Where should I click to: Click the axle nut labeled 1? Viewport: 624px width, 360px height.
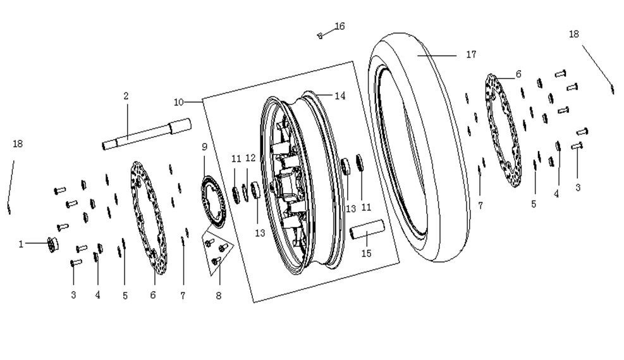52,244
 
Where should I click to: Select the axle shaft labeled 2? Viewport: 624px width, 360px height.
147,134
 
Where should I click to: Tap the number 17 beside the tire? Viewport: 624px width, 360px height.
471,54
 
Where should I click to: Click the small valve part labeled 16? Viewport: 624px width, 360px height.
319,36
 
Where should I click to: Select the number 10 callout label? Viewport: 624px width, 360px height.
179,102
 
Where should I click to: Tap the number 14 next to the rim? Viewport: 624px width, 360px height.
340,96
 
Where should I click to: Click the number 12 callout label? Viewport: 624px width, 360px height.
250,158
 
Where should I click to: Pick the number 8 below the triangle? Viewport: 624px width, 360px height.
219,296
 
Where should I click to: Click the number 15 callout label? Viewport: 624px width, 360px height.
366,253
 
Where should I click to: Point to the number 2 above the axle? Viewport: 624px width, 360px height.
126,96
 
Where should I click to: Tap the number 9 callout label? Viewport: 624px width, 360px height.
205,147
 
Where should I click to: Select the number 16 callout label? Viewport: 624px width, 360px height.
340,27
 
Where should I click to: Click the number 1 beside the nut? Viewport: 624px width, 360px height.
21,244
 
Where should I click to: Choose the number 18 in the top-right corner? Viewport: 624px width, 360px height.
573,34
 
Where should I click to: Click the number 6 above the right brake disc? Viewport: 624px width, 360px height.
518,74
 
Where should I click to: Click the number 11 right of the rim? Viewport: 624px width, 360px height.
366,207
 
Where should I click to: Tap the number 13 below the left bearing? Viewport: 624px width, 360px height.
260,233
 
